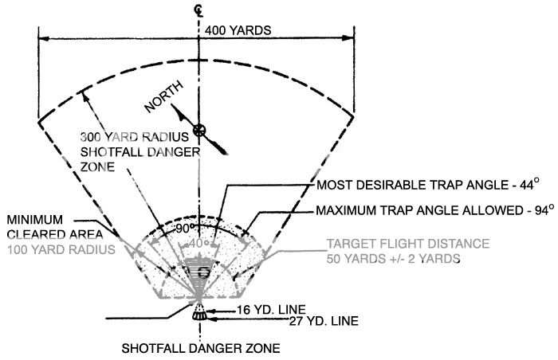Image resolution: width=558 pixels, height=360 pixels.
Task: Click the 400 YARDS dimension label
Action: tap(238, 30)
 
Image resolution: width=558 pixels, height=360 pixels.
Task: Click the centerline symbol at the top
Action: tap(198, 10)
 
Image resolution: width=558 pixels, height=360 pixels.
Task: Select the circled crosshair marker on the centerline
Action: tap(199, 131)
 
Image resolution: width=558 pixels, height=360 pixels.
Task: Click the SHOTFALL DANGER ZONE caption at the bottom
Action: tap(200, 348)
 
